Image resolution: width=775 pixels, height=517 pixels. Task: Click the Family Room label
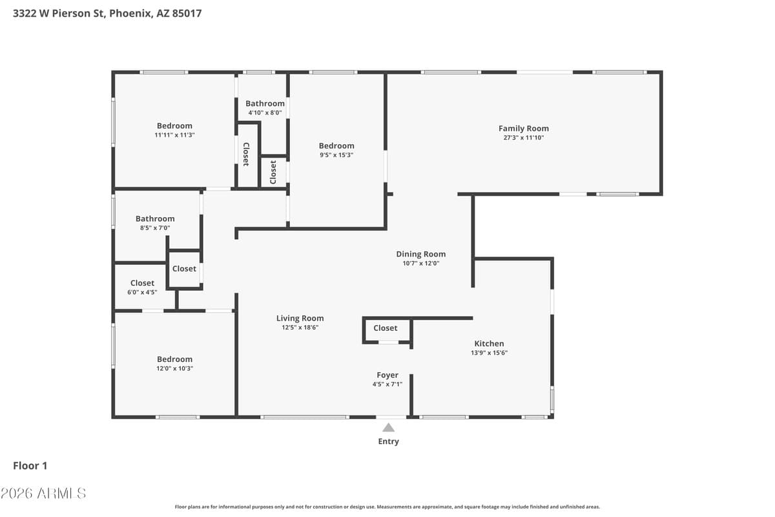[523, 129]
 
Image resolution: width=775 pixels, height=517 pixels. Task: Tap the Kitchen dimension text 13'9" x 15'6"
[489, 353]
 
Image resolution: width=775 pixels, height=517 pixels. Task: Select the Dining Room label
[420, 254]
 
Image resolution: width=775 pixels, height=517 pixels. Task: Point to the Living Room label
[300, 318]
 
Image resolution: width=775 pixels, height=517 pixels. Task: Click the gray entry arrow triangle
[388, 427]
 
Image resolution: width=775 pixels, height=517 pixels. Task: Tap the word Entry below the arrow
[388, 441]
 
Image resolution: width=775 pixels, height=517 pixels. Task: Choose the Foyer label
[387, 375]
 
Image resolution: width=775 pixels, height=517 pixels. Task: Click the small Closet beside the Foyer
[386, 328]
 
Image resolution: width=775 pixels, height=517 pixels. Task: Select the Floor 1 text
[30, 465]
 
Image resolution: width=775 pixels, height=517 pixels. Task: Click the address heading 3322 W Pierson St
[107, 13]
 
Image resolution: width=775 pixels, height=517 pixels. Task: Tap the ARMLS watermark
[43, 493]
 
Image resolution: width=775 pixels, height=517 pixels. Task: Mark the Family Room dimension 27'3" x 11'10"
[523, 138]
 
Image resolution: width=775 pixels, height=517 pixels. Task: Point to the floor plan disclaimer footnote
[387, 507]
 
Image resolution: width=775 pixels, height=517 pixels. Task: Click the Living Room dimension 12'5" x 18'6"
[300, 328]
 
